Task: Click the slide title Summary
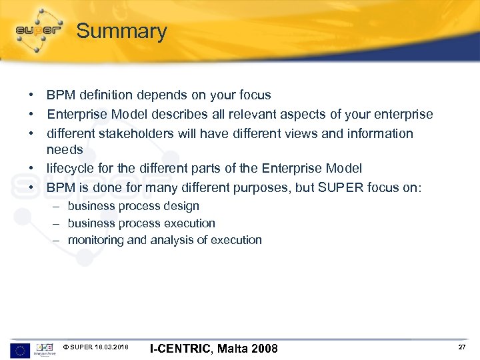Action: (x=121, y=31)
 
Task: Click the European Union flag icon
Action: (x=20, y=349)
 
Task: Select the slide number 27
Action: (x=462, y=348)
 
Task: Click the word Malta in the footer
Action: (x=232, y=349)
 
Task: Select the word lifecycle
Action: (x=71, y=169)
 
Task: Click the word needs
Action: (x=65, y=150)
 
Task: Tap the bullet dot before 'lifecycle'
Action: (x=32, y=169)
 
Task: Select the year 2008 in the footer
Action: (x=264, y=349)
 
